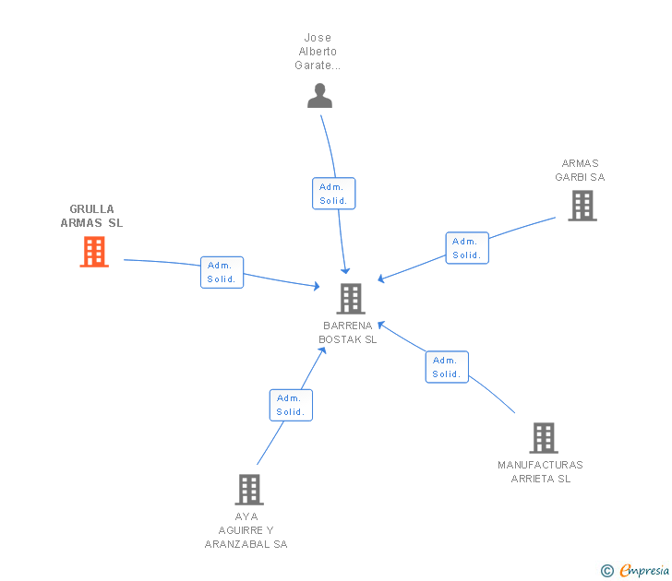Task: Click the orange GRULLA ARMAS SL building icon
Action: click(94, 252)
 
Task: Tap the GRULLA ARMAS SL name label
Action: click(91, 216)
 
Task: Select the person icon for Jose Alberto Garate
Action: click(319, 96)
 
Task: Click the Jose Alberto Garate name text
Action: click(318, 52)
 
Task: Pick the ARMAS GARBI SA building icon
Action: click(582, 206)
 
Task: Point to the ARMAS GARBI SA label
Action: click(580, 171)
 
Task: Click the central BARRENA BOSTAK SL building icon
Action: click(351, 299)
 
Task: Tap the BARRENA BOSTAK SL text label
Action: click(348, 332)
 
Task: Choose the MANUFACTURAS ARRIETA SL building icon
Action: click(543, 438)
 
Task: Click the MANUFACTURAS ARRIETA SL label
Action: click(540, 471)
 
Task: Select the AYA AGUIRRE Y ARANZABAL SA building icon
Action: click(249, 489)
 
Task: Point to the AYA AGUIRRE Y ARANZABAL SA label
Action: click(246, 530)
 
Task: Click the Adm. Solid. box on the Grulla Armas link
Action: click(222, 272)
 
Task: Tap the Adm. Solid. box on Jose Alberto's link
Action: click(333, 194)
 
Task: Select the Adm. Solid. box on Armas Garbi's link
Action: click(467, 248)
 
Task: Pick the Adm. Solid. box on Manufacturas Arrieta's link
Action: click(447, 367)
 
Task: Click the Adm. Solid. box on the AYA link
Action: click(291, 405)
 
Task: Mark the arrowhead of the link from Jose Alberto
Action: click(345, 270)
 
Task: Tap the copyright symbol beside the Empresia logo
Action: click(606, 571)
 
